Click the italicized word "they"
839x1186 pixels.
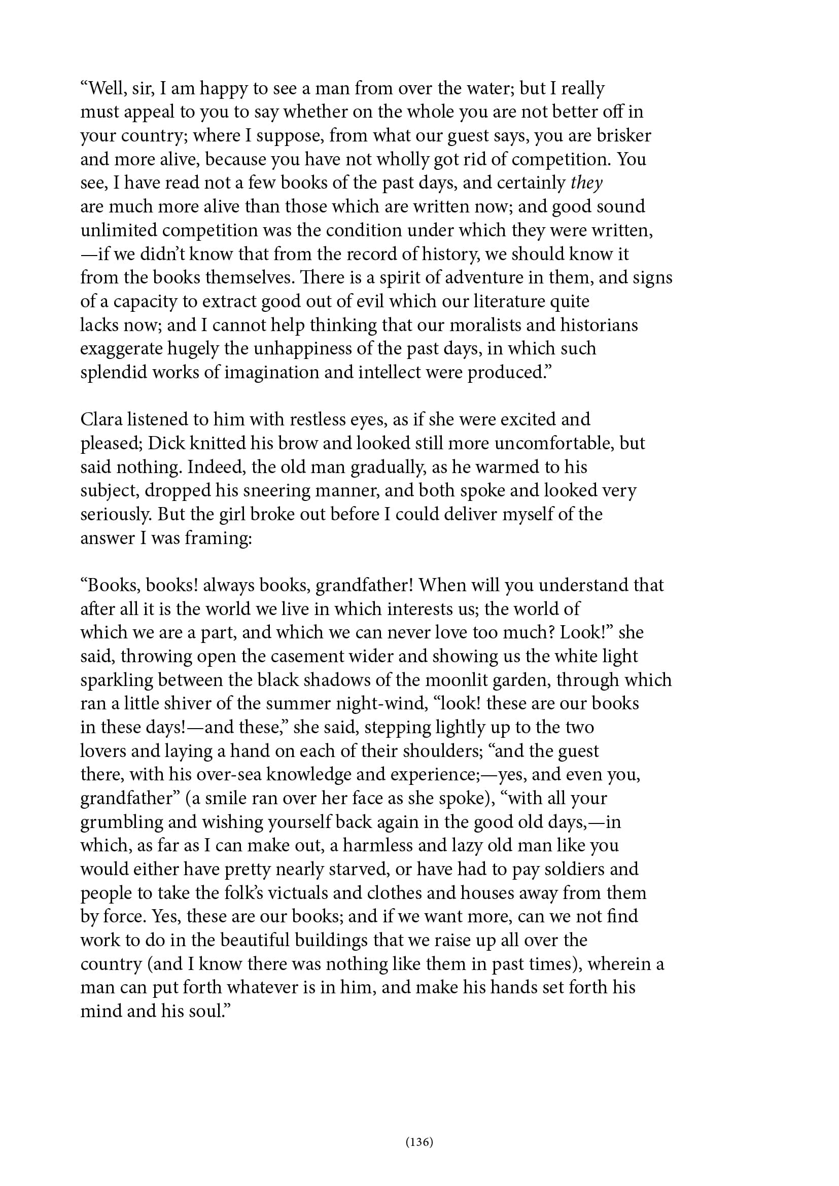click(x=586, y=183)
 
